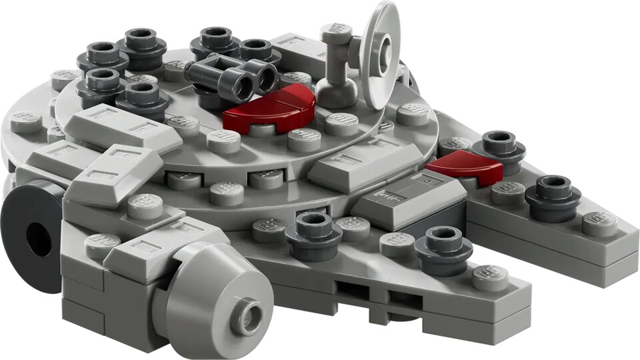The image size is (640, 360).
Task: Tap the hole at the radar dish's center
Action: click(385, 50)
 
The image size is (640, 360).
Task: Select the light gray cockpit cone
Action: click(217, 293)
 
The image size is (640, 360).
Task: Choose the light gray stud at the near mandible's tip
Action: click(490, 277)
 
